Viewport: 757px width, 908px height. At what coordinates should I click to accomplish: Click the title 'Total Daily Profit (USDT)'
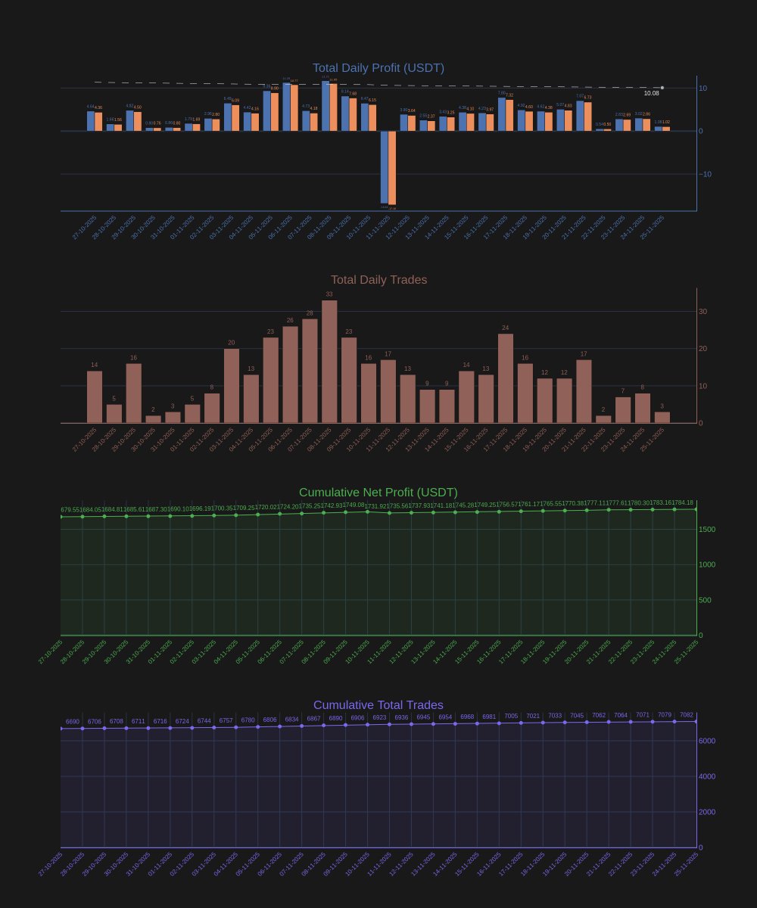click(378, 68)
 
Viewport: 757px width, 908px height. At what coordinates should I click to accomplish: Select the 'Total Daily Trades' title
click(378, 280)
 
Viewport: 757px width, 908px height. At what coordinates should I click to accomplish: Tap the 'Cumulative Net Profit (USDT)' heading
click(378, 493)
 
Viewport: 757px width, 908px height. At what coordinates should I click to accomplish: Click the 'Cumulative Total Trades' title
click(378, 705)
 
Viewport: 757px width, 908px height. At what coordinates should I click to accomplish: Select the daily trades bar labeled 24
click(506, 378)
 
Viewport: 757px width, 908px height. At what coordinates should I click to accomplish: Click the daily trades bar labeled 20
click(232, 386)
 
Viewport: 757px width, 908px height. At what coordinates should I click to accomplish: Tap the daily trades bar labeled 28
click(310, 371)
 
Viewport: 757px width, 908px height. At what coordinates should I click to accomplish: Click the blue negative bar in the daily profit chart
click(385, 166)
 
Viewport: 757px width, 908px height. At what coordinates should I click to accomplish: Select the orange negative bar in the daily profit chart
click(392, 167)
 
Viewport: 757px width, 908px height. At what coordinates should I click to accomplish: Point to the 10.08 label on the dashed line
click(651, 93)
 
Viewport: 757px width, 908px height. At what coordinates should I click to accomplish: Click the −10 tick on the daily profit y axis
click(705, 174)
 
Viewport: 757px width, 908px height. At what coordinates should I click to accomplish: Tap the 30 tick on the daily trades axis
click(702, 312)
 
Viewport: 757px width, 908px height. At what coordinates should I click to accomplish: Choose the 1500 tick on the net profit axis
click(707, 530)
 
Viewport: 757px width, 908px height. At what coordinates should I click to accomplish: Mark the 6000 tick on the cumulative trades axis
click(707, 741)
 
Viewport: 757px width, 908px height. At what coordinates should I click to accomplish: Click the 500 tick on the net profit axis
click(705, 600)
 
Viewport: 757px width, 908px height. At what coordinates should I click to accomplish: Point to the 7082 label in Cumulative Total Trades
click(687, 715)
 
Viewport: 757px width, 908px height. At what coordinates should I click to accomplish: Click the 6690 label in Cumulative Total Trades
click(73, 722)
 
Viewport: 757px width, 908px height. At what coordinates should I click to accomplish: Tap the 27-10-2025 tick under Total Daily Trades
click(84, 440)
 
